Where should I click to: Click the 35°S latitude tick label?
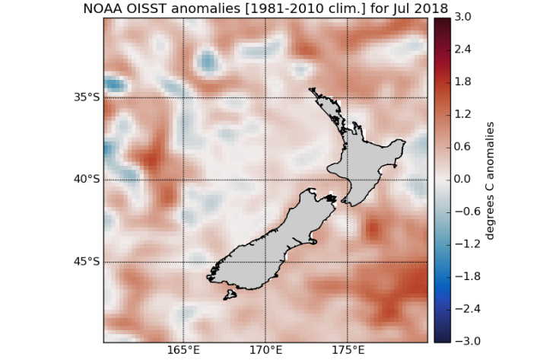click(x=86, y=97)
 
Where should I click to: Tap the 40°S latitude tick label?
click(x=86, y=180)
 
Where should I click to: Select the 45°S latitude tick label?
click(x=86, y=262)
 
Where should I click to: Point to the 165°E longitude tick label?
click(x=184, y=351)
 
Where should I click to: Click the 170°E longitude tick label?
click(x=265, y=351)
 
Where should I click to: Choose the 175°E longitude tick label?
click(x=347, y=351)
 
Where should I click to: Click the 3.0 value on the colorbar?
click(x=462, y=17)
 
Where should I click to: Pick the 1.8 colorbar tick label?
click(x=462, y=82)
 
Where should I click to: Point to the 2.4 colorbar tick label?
click(x=462, y=49)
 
